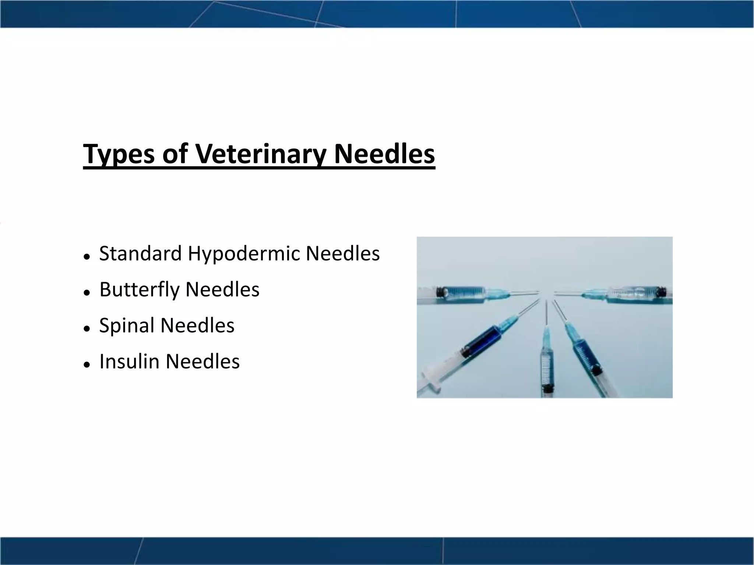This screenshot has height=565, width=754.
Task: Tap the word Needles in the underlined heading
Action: coord(384,154)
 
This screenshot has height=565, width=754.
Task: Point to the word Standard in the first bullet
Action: coord(140,253)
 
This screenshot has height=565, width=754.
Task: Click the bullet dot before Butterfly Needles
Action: coord(87,293)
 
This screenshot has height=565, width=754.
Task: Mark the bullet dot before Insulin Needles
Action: coord(87,365)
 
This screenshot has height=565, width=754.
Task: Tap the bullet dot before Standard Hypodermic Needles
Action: coord(87,257)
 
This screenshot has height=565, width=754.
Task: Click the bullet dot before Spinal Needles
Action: coord(87,328)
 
